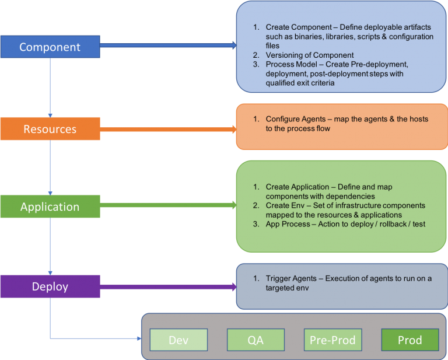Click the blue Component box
pos(50,47)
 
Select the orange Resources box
pos(50,129)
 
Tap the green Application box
pos(50,207)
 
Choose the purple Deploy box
pos(50,286)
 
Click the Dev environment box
pos(178,340)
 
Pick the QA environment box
pos(256,340)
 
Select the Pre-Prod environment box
pos(332,340)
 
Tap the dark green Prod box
pos(409,340)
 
